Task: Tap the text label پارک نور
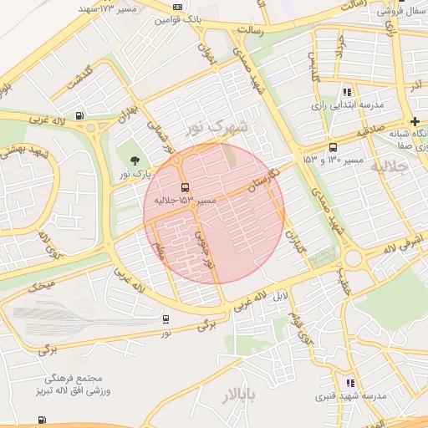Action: pyautogui.click(x=136, y=173)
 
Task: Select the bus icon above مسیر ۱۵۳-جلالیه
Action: pyautogui.click(x=185, y=187)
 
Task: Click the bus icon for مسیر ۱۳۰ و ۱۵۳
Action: pyautogui.click(x=334, y=146)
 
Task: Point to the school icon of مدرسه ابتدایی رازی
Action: pyautogui.click(x=347, y=92)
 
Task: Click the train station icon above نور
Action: pyautogui.click(x=166, y=318)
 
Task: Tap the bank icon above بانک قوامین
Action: pyautogui.click(x=177, y=7)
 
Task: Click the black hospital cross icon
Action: pyautogui.click(x=415, y=121)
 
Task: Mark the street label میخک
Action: pyautogui.click(x=43, y=286)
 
